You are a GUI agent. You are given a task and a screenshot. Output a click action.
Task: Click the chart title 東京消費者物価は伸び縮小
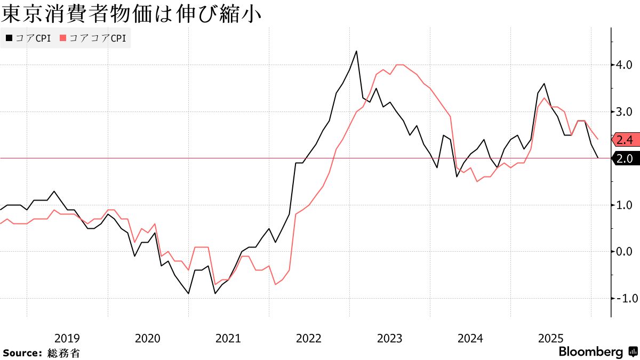click(x=131, y=14)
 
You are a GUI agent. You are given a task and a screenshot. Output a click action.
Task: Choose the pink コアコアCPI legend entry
click(x=93, y=38)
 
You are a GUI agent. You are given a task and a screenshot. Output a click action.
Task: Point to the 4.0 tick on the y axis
click(x=625, y=65)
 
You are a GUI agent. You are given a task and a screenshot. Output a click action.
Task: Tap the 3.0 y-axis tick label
click(x=625, y=111)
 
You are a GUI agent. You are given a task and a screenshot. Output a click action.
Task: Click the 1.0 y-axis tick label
click(x=625, y=205)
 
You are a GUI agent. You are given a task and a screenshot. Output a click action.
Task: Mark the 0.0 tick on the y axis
click(x=625, y=251)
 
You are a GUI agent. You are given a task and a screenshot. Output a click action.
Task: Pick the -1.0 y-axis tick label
click(x=623, y=298)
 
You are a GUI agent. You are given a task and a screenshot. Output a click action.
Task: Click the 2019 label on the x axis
click(x=67, y=338)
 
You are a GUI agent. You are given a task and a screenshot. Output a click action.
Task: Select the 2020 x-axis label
click(x=148, y=338)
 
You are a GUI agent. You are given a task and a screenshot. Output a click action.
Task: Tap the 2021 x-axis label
click(x=228, y=338)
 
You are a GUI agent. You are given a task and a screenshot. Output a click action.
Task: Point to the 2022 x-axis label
click(x=309, y=338)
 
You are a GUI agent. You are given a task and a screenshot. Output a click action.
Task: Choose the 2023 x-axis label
click(x=390, y=338)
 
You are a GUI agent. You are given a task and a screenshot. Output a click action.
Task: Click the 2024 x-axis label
click(x=470, y=338)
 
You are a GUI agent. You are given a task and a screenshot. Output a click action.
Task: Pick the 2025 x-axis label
click(x=551, y=338)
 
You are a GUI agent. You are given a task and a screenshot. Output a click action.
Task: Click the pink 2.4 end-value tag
click(x=625, y=140)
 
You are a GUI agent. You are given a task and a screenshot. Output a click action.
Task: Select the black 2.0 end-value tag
click(x=625, y=158)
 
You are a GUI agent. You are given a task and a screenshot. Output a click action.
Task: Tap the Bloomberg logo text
click(x=590, y=352)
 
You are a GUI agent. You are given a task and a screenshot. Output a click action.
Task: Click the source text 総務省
click(x=63, y=353)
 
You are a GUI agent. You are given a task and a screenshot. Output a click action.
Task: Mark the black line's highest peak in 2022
click(x=356, y=51)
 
